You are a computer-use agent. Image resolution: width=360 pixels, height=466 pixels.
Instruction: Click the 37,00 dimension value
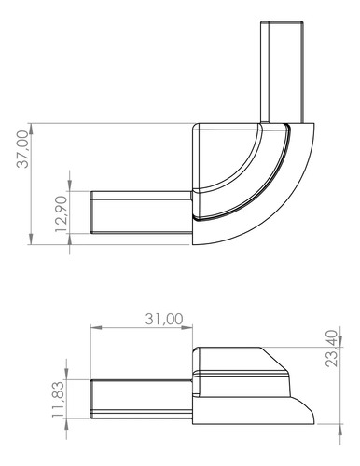tap(22, 149)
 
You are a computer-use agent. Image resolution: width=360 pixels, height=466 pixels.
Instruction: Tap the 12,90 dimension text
tap(61, 213)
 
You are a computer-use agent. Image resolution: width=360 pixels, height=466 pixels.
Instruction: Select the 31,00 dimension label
tap(164, 319)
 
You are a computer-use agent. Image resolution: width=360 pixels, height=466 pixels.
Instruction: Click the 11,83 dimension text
tap(58, 399)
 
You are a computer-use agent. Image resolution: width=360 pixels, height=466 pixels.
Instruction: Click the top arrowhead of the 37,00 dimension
tap(31, 129)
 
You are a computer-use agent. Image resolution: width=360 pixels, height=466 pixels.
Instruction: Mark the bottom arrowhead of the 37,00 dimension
tap(31, 240)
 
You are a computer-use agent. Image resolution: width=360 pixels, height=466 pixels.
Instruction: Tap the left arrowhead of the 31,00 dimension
tap(96, 327)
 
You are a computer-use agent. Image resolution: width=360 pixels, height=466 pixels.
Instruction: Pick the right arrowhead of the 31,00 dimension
tap(187, 327)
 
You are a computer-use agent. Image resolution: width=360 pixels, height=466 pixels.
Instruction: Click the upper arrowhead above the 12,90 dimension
tap(69, 185)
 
